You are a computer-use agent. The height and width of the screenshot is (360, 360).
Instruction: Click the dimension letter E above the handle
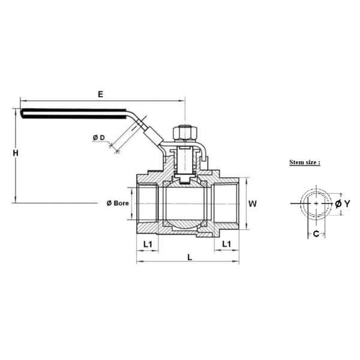(x=100, y=94)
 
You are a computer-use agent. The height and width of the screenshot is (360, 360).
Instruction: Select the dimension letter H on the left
(x=16, y=154)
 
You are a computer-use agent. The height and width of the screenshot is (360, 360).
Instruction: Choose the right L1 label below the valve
(x=227, y=244)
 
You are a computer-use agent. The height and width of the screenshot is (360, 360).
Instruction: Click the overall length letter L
(x=190, y=257)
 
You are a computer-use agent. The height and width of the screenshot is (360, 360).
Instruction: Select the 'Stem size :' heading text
(x=305, y=162)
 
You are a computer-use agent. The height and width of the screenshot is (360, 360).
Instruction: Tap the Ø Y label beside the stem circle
(x=342, y=204)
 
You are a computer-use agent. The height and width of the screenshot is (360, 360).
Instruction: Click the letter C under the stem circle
(x=316, y=234)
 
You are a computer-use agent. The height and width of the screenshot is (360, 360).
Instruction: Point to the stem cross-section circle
(x=316, y=204)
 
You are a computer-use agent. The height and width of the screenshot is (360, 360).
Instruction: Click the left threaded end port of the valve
(x=148, y=204)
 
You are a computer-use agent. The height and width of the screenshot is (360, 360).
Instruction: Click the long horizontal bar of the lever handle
(x=78, y=112)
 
